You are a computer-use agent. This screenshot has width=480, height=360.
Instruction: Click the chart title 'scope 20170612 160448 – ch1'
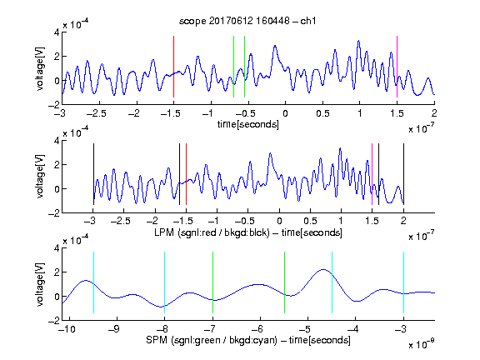point(247,21)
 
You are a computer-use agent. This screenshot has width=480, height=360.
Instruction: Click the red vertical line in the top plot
point(173,67)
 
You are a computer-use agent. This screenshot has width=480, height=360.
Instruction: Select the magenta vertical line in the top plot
point(397,67)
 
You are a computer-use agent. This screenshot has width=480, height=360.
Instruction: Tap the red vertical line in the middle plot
point(186,174)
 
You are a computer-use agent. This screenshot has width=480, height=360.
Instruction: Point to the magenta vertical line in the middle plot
point(372,174)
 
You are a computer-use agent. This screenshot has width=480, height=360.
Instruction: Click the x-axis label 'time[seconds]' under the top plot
point(248,124)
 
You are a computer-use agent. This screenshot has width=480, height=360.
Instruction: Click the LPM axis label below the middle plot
point(248,232)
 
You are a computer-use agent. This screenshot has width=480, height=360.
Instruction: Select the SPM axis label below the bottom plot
point(248,340)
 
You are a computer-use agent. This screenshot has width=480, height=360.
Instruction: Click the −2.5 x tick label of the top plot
point(96,113)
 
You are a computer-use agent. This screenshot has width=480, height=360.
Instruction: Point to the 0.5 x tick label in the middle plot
point(310,221)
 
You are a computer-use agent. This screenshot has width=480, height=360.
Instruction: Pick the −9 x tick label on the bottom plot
point(114,329)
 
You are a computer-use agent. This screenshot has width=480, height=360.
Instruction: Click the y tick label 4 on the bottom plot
point(57,247)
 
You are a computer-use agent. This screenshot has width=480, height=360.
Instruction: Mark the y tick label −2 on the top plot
point(54,105)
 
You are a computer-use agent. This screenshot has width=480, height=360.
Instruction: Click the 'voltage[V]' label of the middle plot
point(40,176)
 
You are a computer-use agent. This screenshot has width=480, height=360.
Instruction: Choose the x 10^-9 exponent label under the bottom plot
point(422,344)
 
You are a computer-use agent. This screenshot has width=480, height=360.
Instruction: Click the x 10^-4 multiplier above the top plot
point(76,23)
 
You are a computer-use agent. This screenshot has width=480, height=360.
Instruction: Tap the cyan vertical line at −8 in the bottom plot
point(164,282)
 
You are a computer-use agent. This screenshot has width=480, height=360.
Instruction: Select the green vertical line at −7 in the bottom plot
point(212,282)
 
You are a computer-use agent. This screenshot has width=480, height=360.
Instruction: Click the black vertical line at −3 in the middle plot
point(93,174)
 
